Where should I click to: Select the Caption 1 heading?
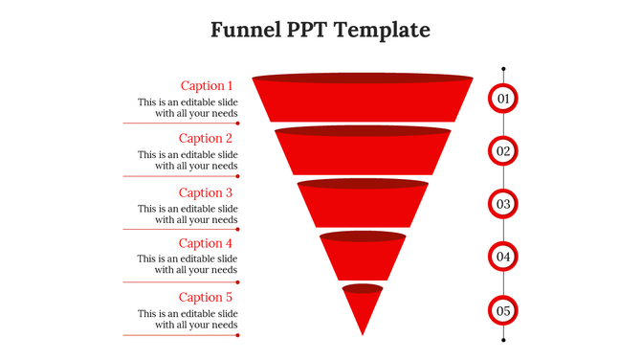pyautogui.click(x=207, y=85)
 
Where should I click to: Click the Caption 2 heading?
pyautogui.click(x=207, y=139)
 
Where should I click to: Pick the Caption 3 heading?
pyautogui.click(x=207, y=192)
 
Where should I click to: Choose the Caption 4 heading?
pyautogui.click(x=207, y=244)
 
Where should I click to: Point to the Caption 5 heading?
pyautogui.click(x=207, y=298)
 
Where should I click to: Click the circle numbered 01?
pyautogui.click(x=503, y=98)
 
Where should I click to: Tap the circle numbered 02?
pyautogui.click(x=503, y=151)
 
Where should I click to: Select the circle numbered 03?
pyautogui.click(x=503, y=204)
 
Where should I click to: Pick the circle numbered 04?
pyautogui.click(x=503, y=257)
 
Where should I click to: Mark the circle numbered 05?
pyautogui.click(x=503, y=310)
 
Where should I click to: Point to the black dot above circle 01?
pyautogui.click(x=503, y=69)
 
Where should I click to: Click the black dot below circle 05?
pyautogui.click(x=503, y=338)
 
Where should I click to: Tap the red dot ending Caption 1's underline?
pyautogui.click(x=237, y=124)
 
